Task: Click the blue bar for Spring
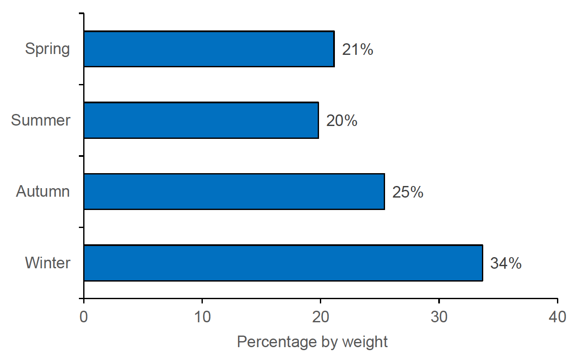pos(209,49)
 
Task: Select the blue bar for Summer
pos(201,120)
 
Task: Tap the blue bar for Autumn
pos(234,192)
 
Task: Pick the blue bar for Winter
pos(283,263)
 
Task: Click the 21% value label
pos(358,50)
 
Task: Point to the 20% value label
pos(342,121)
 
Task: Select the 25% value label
pos(408,192)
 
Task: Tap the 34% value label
pos(506,264)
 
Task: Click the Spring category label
pos(47,49)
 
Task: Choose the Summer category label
pos(41,120)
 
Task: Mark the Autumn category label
pos(43,192)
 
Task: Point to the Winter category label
pos(48,263)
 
